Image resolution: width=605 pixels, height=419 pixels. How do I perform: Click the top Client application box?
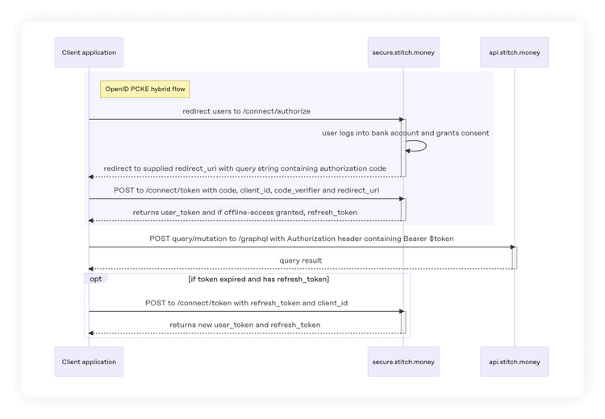(x=89, y=52)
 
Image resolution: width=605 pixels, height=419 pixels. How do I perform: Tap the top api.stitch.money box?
(x=514, y=52)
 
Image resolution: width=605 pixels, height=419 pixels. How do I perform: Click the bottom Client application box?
(x=89, y=362)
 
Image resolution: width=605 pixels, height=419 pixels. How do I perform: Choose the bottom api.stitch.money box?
(x=514, y=362)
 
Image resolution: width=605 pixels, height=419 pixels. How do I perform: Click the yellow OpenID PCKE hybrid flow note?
(x=145, y=89)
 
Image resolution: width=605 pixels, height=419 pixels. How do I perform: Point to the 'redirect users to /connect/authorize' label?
(x=246, y=111)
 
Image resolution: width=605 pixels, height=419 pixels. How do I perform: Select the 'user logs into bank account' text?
(x=405, y=132)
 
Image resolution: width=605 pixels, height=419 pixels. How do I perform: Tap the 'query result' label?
(x=301, y=260)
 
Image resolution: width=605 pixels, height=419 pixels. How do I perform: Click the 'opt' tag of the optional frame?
(x=96, y=278)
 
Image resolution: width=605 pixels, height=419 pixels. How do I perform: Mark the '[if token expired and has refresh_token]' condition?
(x=258, y=279)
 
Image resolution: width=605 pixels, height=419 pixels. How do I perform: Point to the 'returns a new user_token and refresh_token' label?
(x=244, y=325)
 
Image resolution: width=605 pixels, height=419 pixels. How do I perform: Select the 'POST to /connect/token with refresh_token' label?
(x=246, y=303)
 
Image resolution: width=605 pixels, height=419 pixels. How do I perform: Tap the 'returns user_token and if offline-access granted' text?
(x=244, y=212)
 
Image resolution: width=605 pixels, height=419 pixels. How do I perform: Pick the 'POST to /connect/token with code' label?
(x=246, y=190)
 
